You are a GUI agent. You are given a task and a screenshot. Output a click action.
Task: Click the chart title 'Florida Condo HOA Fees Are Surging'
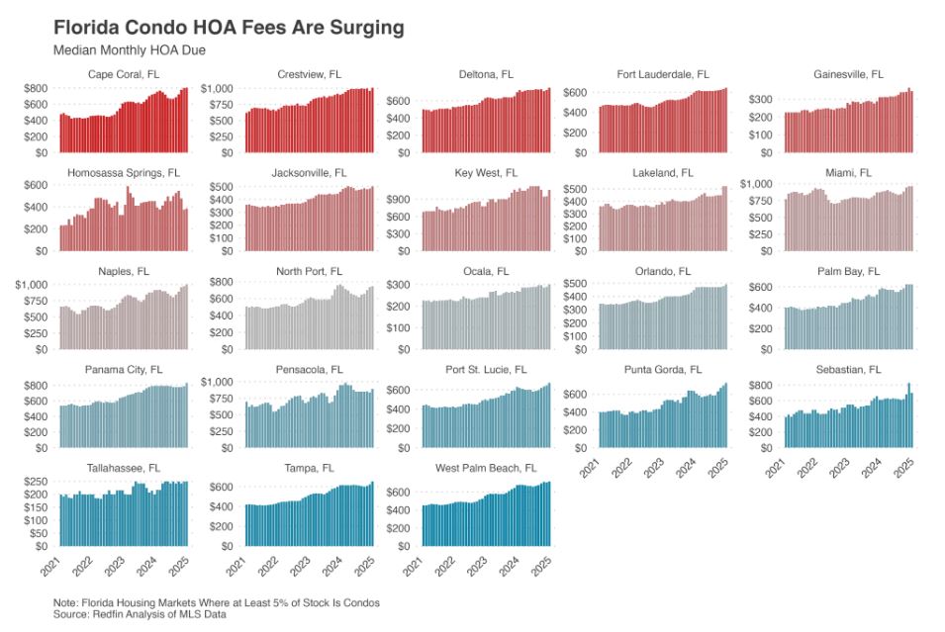click(229, 28)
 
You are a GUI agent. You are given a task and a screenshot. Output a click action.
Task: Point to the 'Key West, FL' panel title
click(485, 173)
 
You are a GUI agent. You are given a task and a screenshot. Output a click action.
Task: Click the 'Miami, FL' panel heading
click(849, 173)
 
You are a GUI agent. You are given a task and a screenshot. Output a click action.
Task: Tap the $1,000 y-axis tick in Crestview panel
click(218, 89)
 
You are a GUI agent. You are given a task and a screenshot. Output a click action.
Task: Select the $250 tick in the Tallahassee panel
click(38, 483)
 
